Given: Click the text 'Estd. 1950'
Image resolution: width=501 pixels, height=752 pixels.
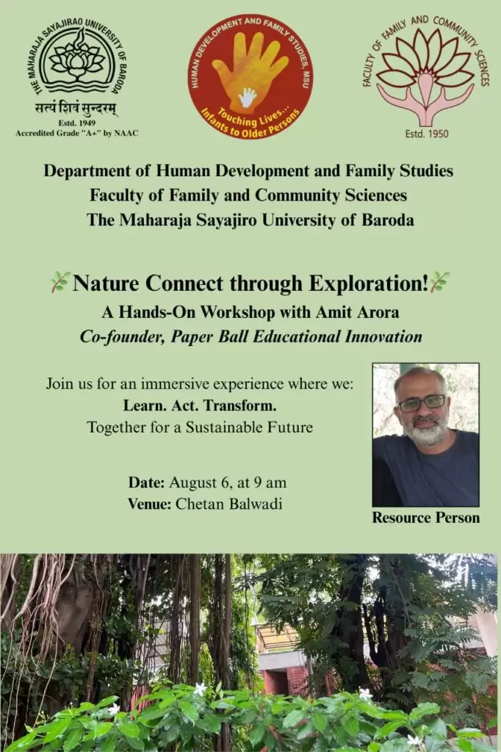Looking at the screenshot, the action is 427,134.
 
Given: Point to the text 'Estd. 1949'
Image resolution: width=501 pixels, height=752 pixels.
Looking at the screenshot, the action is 77,123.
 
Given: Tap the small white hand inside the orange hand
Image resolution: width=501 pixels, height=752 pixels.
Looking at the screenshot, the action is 248,96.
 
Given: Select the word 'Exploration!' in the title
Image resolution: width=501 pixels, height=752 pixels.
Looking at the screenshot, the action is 367,283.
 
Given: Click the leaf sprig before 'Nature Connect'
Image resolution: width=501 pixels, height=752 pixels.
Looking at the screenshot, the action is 60,283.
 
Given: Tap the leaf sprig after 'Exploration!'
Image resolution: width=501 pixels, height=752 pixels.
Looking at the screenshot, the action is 439,281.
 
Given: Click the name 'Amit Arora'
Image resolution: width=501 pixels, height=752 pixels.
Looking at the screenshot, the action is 357,312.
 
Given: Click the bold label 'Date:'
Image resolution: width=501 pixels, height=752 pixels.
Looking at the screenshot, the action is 147,482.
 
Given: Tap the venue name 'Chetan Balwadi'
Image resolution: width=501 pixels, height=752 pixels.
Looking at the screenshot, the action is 229,504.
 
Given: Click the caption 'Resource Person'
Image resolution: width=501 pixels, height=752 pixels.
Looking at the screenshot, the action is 425,518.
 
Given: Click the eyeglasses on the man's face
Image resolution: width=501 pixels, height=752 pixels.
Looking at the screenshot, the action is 422,403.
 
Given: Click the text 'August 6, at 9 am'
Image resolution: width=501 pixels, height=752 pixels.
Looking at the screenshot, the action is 228,482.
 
